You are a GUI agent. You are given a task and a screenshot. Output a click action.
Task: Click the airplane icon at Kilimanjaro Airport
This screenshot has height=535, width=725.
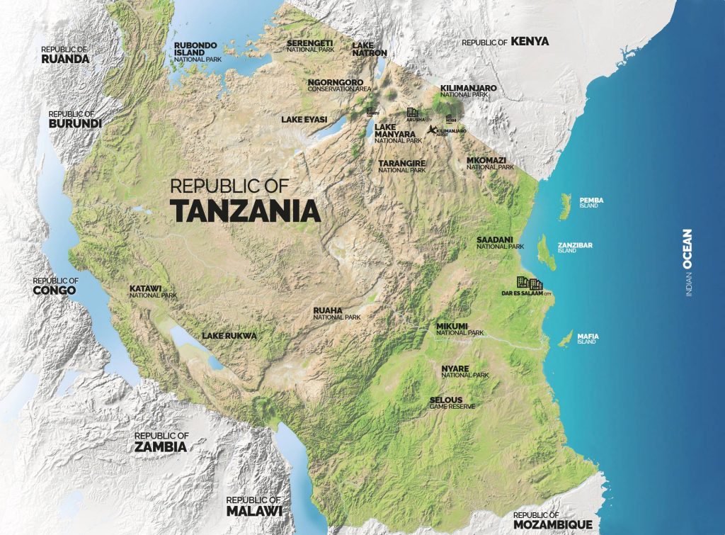(x=431, y=130)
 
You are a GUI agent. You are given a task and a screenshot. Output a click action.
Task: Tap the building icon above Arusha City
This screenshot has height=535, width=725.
(x=412, y=113)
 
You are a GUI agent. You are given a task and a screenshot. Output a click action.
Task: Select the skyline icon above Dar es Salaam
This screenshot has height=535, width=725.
(x=529, y=283)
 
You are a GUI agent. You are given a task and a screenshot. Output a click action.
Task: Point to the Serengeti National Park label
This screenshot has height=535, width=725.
(x=309, y=47)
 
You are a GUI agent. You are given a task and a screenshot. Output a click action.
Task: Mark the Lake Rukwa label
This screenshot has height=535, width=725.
(x=229, y=335)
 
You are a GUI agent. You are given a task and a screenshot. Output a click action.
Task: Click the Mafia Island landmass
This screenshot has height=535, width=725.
(x=565, y=339)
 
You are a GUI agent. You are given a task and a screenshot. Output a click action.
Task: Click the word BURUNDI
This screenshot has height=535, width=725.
(x=75, y=123)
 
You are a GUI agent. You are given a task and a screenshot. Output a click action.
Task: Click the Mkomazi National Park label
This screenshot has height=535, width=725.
(x=490, y=163)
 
